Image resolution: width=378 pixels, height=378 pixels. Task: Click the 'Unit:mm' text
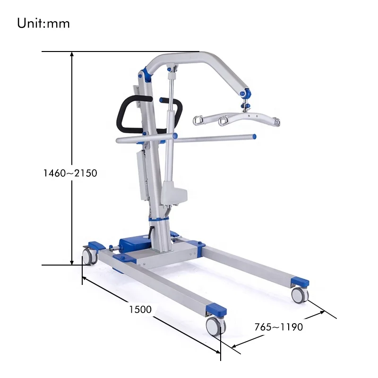43,23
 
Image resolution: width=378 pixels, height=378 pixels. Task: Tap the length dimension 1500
140,309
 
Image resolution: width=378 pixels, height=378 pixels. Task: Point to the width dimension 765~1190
278,326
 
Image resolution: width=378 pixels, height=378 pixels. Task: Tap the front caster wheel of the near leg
215,326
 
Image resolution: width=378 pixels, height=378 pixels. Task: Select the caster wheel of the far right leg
300,295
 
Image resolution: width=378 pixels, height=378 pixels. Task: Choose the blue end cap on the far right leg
300,282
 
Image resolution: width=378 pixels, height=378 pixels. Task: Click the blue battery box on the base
135,244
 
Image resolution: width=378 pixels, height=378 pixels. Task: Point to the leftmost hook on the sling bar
198,120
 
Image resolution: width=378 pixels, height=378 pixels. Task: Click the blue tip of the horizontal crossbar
254,137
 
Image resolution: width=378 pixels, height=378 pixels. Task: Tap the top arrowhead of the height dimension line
72,54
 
